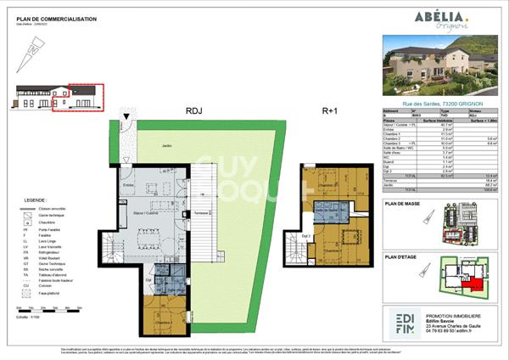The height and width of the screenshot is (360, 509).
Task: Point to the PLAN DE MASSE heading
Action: click(405, 204)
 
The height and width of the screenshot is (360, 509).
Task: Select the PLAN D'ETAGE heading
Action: click(404, 256)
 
